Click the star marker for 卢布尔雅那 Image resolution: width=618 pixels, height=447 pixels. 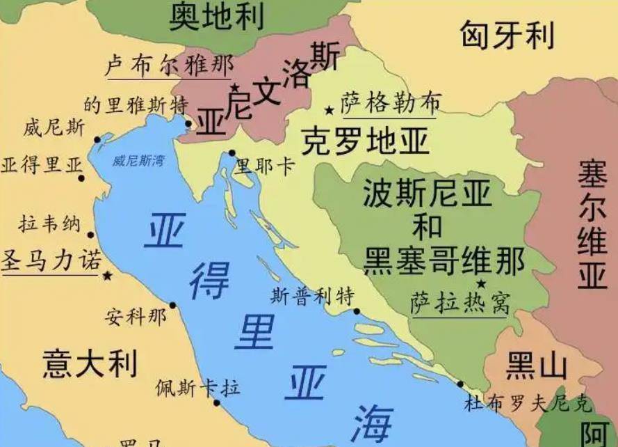tap(235, 88)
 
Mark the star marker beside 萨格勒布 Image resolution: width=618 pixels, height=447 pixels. tap(329, 111)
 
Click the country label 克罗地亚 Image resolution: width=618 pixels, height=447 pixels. tap(364, 142)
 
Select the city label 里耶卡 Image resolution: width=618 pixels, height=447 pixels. tap(265, 166)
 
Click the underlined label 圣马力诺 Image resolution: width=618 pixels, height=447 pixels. tap(51, 260)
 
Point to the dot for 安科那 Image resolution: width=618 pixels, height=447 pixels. tap(172, 306)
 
